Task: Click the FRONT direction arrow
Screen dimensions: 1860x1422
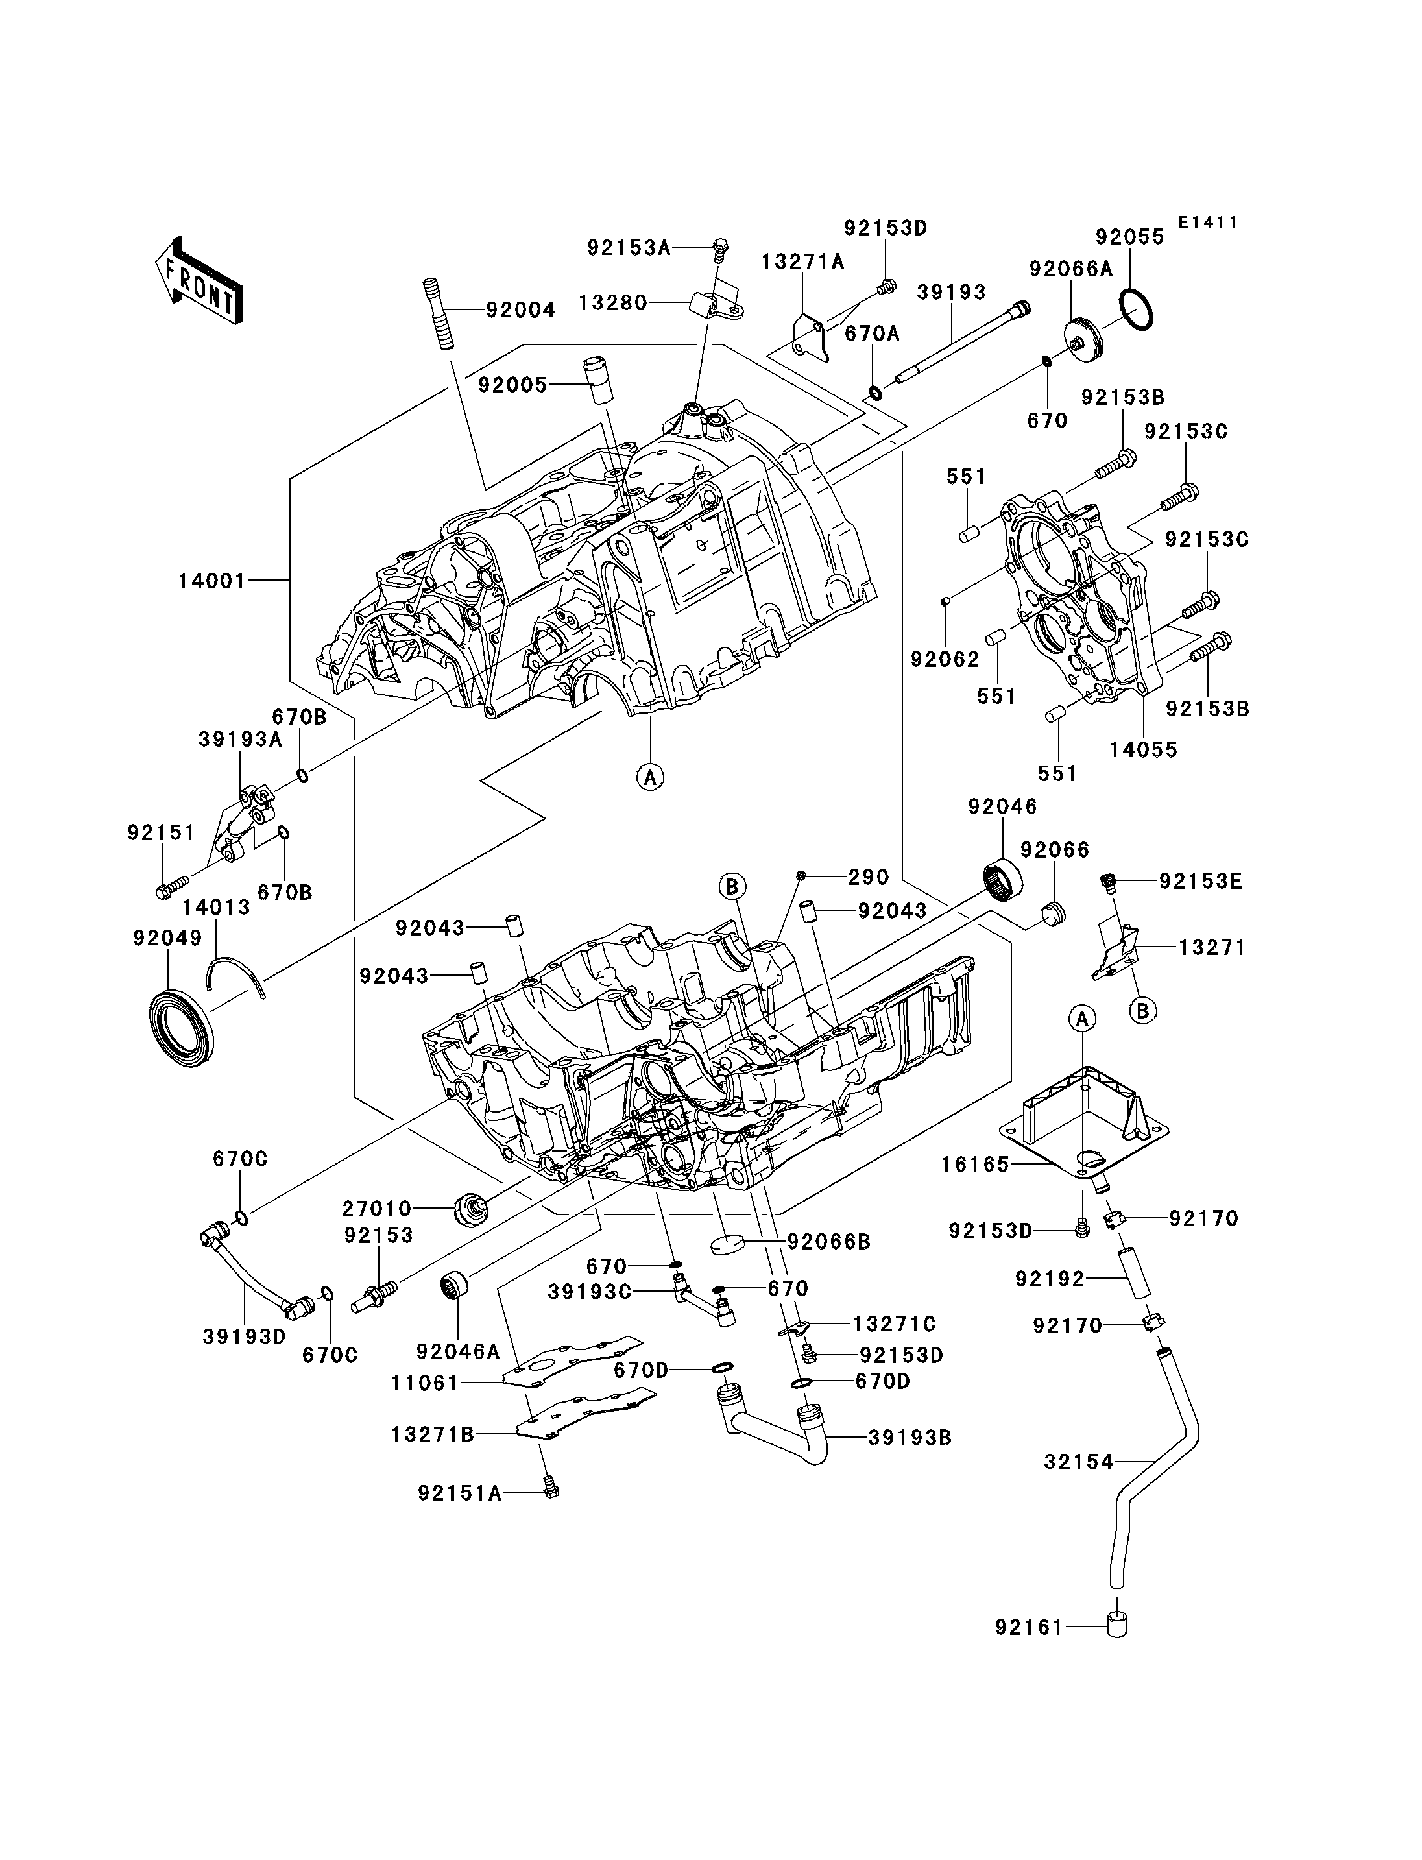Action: [200, 281]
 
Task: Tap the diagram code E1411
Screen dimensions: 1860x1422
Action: [1208, 223]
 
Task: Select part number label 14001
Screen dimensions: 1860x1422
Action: [211, 582]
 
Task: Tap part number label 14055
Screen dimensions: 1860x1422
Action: [1144, 749]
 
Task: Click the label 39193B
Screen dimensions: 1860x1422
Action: [910, 1438]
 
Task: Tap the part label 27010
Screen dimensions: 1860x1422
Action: [377, 1208]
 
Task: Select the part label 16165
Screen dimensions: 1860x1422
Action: [975, 1165]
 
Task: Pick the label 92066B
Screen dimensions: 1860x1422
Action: [828, 1241]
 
